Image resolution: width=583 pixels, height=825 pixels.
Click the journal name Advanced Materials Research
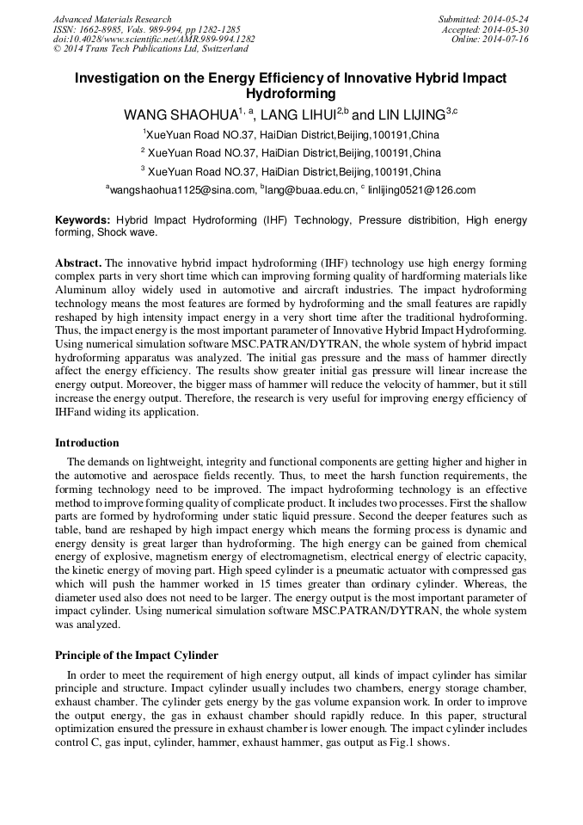[112, 19]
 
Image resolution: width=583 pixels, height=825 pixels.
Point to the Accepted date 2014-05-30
[506, 29]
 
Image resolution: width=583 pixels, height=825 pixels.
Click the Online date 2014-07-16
[506, 39]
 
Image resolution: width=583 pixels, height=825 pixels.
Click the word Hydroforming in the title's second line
[291, 94]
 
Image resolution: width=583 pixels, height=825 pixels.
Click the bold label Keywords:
[83, 221]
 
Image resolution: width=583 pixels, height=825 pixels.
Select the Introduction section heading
[87, 443]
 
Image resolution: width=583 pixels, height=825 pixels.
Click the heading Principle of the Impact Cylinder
[137, 656]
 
